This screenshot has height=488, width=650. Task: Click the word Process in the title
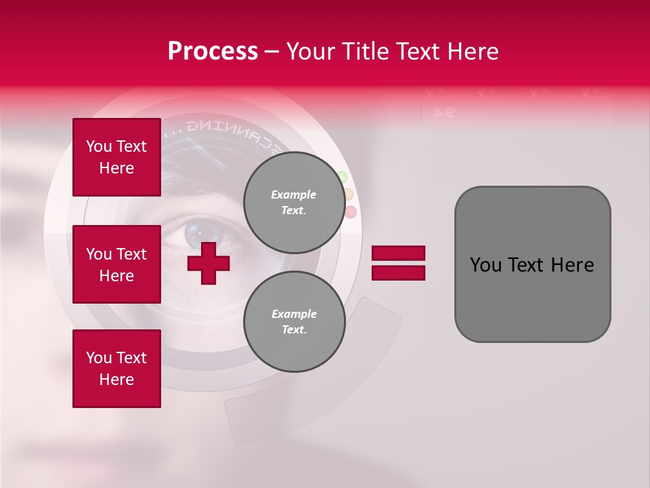click(x=213, y=52)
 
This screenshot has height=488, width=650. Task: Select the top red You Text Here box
click(x=116, y=157)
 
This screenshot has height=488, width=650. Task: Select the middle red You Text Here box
click(x=116, y=264)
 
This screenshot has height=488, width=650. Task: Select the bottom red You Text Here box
click(x=116, y=368)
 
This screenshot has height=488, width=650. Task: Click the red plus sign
click(x=209, y=263)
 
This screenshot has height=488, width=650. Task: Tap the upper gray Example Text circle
click(x=294, y=202)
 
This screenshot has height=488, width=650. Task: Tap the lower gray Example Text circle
click(x=294, y=321)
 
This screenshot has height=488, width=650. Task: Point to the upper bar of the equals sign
click(x=398, y=253)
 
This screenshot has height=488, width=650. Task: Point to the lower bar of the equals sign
click(x=398, y=273)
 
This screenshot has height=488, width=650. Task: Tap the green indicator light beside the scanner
click(x=342, y=178)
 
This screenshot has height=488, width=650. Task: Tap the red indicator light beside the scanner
click(x=350, y=212)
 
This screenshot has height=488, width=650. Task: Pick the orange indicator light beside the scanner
click(x=348, y=195)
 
